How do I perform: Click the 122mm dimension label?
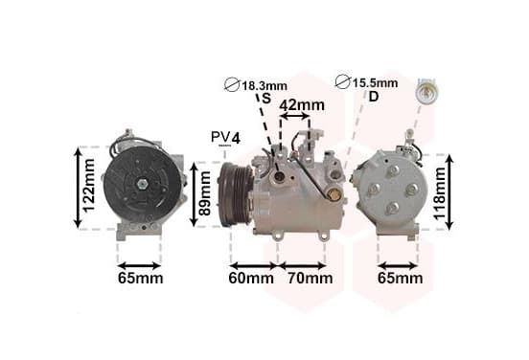(89, 186)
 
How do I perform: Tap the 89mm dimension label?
(204, 193)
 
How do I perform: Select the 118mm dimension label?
(440, 193)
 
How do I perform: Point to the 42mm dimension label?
(302, 104)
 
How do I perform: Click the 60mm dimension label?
(251, 278)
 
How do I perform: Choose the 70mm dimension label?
(310, 278)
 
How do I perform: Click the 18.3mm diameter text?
(264, 85)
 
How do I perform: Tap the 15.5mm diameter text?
(375, 83)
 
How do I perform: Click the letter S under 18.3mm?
(266, 99)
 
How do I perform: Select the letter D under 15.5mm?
(374, 97)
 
